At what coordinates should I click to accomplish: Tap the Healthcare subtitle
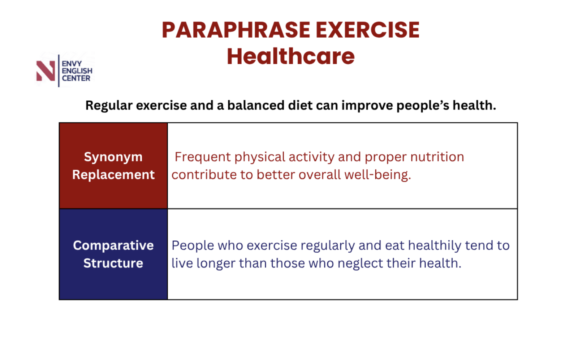click(x=290, y=56)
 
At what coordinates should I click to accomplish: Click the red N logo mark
click(x=46, y=71)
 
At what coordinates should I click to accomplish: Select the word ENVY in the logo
click(x=72, y=64)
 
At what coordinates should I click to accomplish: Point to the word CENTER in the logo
click(x=76, y=78)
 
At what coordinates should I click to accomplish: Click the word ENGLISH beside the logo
click(x=77, y=71)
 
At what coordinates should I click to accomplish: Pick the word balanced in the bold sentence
click(x=256, y=105)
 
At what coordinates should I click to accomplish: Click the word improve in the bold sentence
click(x=367, y=106)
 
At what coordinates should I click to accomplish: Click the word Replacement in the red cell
click(x=113, y=175)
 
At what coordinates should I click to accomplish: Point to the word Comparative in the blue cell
click(x=113, y=246)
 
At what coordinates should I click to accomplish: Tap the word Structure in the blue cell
click(x=113, y=263)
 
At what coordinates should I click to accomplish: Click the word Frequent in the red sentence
click(x=203, y=157)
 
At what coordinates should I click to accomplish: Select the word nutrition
click(x=437, y=157)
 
